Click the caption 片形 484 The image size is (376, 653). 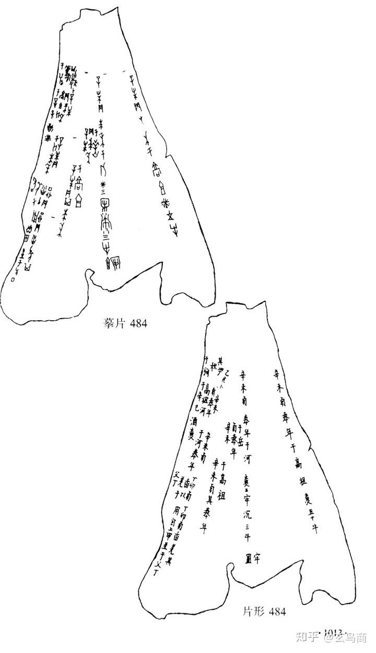point(264,611)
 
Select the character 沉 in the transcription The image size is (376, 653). point(248,514)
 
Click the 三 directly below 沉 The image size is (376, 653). point(249,527)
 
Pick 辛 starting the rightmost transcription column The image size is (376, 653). point(276,372)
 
